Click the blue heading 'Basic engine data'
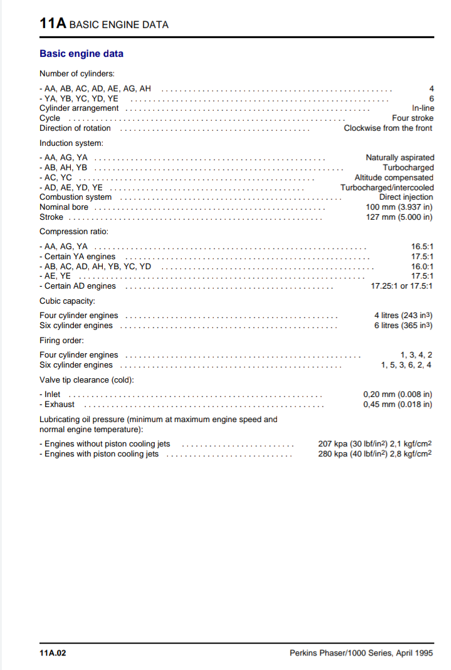(x=81, y=54)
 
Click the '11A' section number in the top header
(x=53, y=24)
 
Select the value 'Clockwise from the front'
(x=388, y=128)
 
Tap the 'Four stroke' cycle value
(x=412, y=118)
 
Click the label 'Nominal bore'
(x=64, y=207)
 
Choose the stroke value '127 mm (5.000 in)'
(x=398, y=217)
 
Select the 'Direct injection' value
(x=406, y=197)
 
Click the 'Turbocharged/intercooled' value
(x=386, y=188)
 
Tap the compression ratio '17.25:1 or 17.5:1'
(x=402, y=286)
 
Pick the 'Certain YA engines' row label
(x=78, y=257)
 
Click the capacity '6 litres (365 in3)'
(x=403, y=326)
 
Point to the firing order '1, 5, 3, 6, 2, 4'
(x=405, y=365)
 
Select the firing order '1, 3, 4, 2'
(x=415, y=355)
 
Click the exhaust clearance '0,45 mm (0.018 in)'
(x=397, y=405)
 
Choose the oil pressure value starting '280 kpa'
(x=375, y=454)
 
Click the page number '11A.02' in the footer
(x=53, y=653)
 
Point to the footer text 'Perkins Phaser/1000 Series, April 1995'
(x=361, y=653)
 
